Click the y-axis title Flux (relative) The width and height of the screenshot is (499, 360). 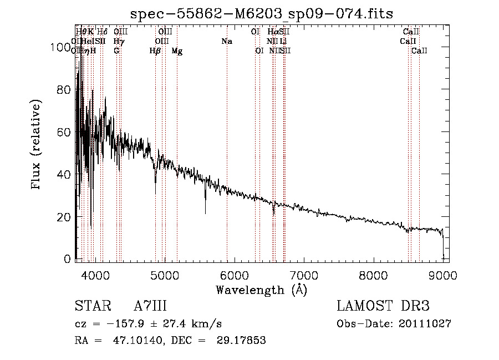tap(37, 145)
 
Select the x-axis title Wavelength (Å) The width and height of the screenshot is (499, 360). tap(261, 290)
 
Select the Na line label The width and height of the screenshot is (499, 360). tap(226, 42)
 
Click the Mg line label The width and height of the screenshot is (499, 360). tap(177, 50)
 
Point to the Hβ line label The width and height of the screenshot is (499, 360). tap(155, 50)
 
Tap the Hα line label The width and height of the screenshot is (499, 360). tap(273, 32)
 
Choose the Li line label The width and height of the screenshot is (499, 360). tap(283, 42)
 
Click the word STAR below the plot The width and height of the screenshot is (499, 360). tap(91, 306)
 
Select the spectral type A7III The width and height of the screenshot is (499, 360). tap(150, 306)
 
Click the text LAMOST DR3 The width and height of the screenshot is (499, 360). tap(383, 306)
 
